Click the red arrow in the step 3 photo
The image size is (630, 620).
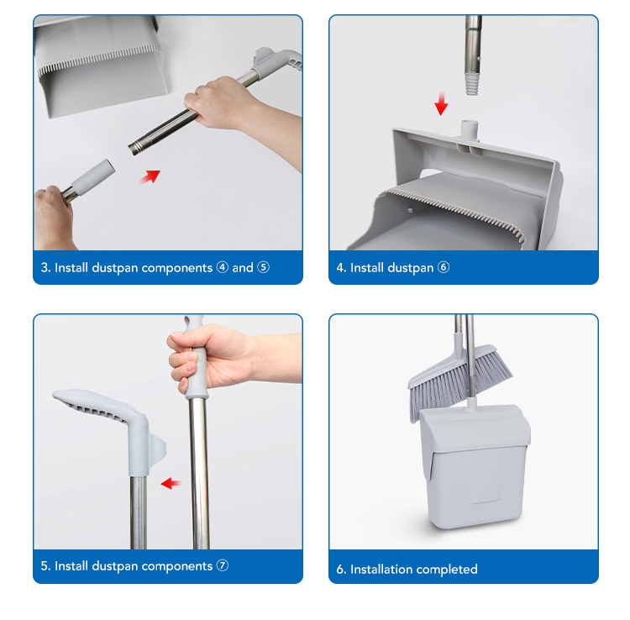coord(151,176)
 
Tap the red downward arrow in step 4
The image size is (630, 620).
coord(441,103)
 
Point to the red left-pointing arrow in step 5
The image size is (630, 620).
coord(171,483)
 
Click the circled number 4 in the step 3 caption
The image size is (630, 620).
coord(223,267)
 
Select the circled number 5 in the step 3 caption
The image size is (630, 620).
coord(263,267)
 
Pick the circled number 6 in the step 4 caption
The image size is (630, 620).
coord(444,267)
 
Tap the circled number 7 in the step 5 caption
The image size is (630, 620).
coord(223,565)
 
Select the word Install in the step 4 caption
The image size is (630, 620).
coord(367,268)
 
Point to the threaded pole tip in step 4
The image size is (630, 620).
coord(472,84)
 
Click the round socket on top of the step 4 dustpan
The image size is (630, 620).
coord(470,129)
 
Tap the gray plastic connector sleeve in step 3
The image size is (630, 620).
coord(93,176)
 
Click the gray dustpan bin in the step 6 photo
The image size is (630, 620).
coord(475,466)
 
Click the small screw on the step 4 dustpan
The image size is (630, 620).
coord(410,209)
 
